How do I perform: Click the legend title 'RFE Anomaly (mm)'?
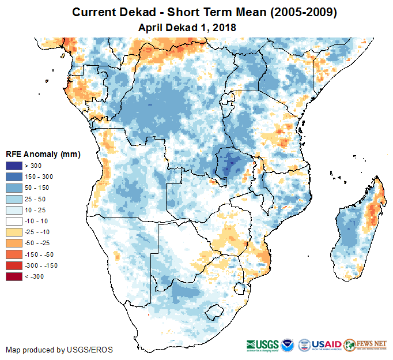pyautogui.click(x=43, y=154)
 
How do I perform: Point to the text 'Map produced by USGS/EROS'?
pyautogui.click(x=59, y=350)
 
